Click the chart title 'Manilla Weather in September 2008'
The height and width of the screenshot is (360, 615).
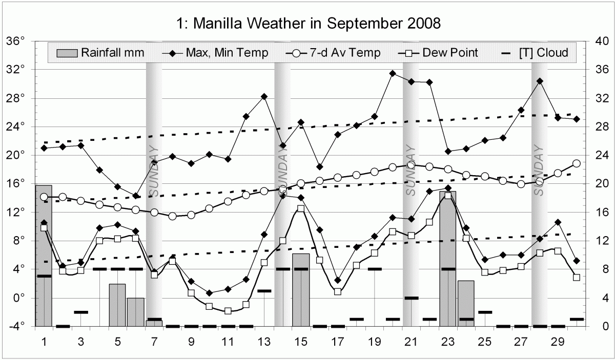pyautogui.click(x=308, y=23)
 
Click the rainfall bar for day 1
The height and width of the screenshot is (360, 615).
pyautogui.click(x=44, y=256)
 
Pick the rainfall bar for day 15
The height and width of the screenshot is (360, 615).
pyautogui.click(x=301, y=290)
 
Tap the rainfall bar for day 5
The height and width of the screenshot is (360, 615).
pyautogui.click(x=117, y=305)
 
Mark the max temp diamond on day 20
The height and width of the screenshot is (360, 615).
pyautogui.click(x=393, y=73)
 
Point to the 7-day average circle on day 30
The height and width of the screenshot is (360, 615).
pyautogui.click(x=576, y=163)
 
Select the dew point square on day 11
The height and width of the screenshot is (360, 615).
pyautogui.click(x=228, y=311)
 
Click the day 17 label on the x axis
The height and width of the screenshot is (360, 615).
pyautogui.click(x=337, y=340)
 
